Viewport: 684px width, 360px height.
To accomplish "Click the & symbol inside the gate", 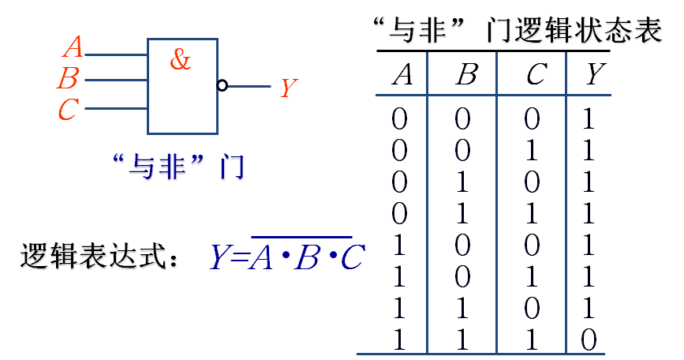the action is [181, 59].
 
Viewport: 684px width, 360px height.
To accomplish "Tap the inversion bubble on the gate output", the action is [222, 85].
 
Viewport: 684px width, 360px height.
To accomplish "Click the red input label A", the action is [73, 48].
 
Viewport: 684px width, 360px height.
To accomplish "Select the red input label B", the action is [69, 79].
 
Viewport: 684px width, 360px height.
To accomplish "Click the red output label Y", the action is [289, 88].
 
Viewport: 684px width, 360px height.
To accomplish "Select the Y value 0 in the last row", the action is [588, 340].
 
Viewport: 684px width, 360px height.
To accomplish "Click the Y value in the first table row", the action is [588, 119].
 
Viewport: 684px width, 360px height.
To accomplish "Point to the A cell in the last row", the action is [399, 340].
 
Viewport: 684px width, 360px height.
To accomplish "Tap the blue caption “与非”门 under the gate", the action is [178, 167].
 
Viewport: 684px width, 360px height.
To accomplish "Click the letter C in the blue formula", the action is [352, 257].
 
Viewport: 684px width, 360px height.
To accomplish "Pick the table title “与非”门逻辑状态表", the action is [518, 32].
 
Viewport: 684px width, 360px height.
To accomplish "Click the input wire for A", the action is [115, 55].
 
